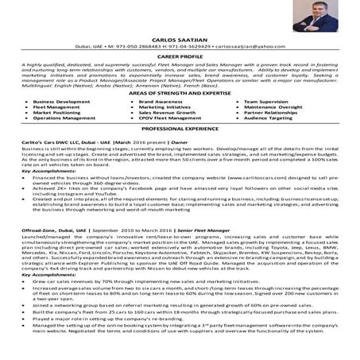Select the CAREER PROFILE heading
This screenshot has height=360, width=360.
pyautogui.click(x=179, y=56)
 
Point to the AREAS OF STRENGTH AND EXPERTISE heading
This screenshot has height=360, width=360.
pyautogui.click(x=179, y=94)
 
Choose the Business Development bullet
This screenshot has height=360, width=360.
pyautogui.click(x=62, y=103)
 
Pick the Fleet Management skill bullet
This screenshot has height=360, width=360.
pyautogui.click(x=57, y=108)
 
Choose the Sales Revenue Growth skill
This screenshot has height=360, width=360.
pyautogui.click(x=168, y=114)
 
